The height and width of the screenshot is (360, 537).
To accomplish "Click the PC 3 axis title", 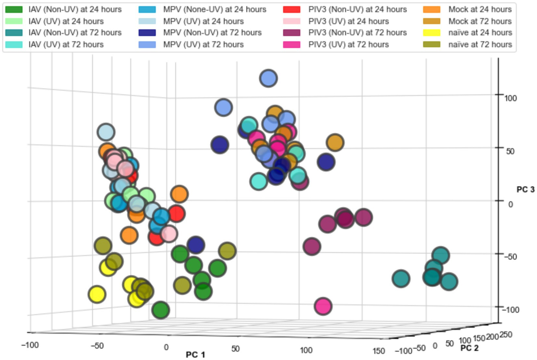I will pos(525,190).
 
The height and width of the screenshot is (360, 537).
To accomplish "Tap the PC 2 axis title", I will pos(472,348).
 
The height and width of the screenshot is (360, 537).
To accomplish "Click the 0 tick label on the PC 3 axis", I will pos(511,203).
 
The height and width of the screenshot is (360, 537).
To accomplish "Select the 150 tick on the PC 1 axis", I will pos(379,351).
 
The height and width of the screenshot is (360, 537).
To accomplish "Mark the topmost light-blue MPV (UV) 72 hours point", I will pos(268,78).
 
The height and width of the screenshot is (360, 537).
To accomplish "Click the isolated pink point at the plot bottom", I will pos(323,306).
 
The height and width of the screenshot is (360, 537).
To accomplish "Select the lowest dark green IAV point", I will pos(160,310).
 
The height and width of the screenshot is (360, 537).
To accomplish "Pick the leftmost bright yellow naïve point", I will pos(97,294).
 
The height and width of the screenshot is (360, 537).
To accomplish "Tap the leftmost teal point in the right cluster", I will pos(401,279).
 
